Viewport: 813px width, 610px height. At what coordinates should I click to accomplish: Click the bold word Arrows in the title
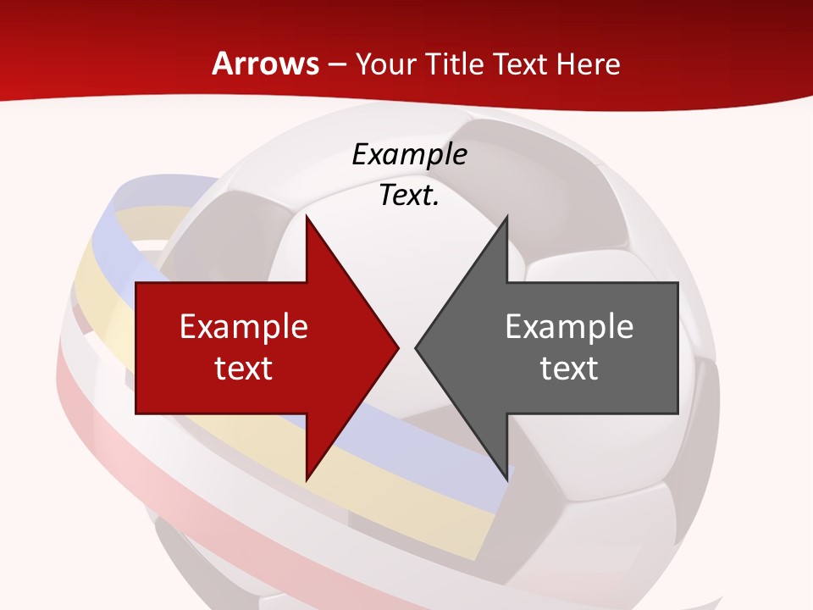click(x=265, y=64)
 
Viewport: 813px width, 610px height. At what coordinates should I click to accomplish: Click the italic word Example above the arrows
click(x=409, y=155)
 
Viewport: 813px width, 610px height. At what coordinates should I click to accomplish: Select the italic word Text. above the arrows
click(x=409, y=196)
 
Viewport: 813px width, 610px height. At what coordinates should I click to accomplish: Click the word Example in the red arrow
click(x=243, y=327)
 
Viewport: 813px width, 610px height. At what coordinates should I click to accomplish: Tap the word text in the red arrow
click(x=243, y=368)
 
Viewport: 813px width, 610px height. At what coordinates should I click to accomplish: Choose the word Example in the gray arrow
click(x=569, y=327)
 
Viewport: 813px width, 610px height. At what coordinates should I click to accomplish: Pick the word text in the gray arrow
click(x=569, y=368)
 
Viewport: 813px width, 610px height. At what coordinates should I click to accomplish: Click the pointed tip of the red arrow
click(x=395, y=347)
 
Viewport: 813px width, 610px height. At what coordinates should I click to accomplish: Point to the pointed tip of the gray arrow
click(x=418, y=347)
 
